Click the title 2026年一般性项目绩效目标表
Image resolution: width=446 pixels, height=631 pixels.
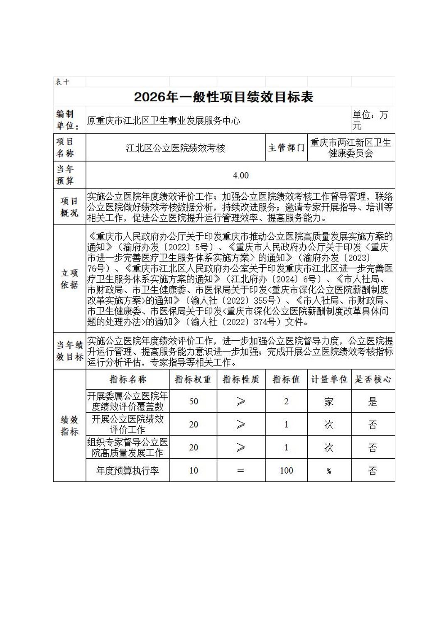tap(223, 97)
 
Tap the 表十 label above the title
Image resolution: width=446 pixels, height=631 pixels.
tap(62, 82)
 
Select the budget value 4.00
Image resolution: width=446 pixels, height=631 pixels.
tap(240, 175)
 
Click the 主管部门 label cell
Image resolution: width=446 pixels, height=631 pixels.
tap(286, 148)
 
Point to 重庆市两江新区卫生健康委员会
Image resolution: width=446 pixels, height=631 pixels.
tap(351, 148)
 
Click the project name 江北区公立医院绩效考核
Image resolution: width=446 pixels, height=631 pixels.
tap(175, 148)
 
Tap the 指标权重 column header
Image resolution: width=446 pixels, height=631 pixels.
tap(193, 379)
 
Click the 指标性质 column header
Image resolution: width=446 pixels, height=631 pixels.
tap(241, 379)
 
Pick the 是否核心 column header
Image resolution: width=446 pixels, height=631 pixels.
tap(372, 379)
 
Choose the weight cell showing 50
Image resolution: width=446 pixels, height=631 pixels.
tap(194, 401)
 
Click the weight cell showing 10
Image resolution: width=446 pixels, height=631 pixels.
tap(194, 470)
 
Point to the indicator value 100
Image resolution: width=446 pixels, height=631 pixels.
tap(286, 470)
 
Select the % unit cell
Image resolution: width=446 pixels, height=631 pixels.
tap(329, 471)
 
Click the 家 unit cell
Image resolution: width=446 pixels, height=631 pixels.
tap(329, 401)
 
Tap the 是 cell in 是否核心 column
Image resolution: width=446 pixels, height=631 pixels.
tap(372, 401)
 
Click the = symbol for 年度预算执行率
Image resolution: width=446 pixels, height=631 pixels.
tap(240, 471)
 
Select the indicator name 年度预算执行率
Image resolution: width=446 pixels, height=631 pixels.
tap(127, 470)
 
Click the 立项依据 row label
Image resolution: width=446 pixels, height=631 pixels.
tap(69, 279)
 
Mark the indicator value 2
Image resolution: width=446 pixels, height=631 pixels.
tap(286, 401)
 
